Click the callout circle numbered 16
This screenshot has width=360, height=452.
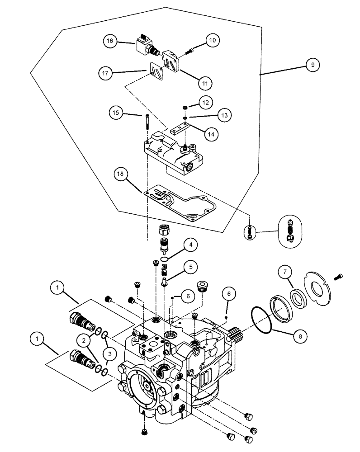(x=110, y=42)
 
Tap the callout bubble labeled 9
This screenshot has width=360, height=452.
(x=312, y=65)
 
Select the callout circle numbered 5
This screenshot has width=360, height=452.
(x=190, y=267)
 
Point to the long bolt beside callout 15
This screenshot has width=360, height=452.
(x=148, y=122)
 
